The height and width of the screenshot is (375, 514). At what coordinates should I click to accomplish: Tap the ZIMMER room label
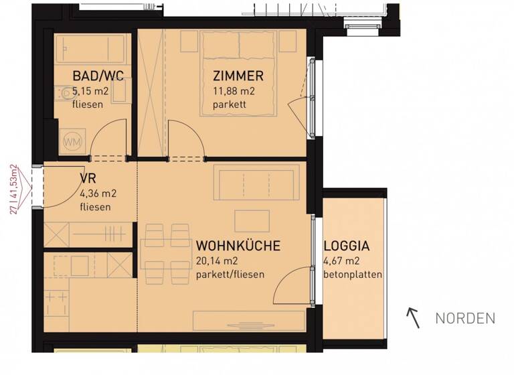pos(238,76)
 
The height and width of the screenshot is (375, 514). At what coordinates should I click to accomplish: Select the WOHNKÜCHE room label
pos(238,246)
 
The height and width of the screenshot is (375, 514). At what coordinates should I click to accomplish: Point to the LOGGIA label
pos(347,246)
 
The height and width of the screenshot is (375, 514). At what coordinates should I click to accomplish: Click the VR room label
pos(87,179)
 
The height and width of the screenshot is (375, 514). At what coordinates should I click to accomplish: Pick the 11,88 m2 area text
pos(234,91)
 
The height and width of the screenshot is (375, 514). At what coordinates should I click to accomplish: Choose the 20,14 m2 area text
pos(218,260)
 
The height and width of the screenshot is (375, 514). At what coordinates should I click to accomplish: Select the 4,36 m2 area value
pos(98,194)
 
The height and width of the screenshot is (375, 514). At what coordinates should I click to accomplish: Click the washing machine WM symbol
pos(72,142)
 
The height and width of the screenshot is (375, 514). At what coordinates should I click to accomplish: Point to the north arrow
pos(414,318)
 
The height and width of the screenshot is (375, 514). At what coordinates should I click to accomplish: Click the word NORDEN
pos(465,319)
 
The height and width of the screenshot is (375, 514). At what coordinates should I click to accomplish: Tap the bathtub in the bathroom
pos(90,48)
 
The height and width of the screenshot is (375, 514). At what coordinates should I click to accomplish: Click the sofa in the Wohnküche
pos(256,181)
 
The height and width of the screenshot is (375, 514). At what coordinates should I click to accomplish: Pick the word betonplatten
pos(353,275)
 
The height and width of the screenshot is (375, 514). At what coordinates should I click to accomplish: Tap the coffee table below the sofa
pos(252,221)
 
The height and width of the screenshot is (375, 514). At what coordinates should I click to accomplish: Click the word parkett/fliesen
pos(230,275)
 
